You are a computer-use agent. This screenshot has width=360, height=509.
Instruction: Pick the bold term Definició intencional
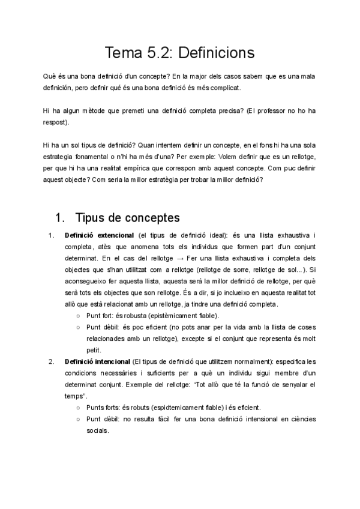point(97,361)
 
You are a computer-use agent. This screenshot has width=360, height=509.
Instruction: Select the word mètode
point(98,111)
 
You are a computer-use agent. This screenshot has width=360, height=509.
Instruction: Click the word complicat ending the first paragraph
point(223,88)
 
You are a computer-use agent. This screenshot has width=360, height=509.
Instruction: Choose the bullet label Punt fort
point(100,315)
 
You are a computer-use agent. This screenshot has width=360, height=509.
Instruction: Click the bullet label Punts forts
point(103,408)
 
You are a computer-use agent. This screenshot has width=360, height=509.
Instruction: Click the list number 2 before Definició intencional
point(50,361)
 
